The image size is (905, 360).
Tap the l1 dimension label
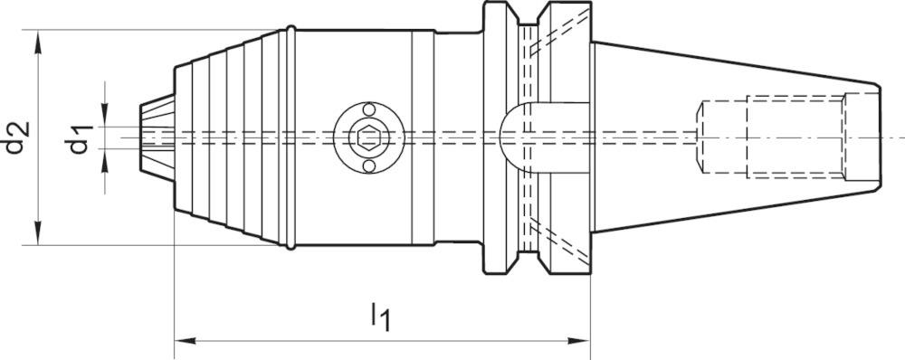pyautogui.click(x=380, y=317)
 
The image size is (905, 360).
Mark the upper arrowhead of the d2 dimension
pyautogui.click(x=37, y=38)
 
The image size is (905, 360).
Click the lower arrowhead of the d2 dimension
pyautogui.click(x=37, y=237)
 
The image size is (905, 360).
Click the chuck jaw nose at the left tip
pyautogui.click(x=149, y=137)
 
